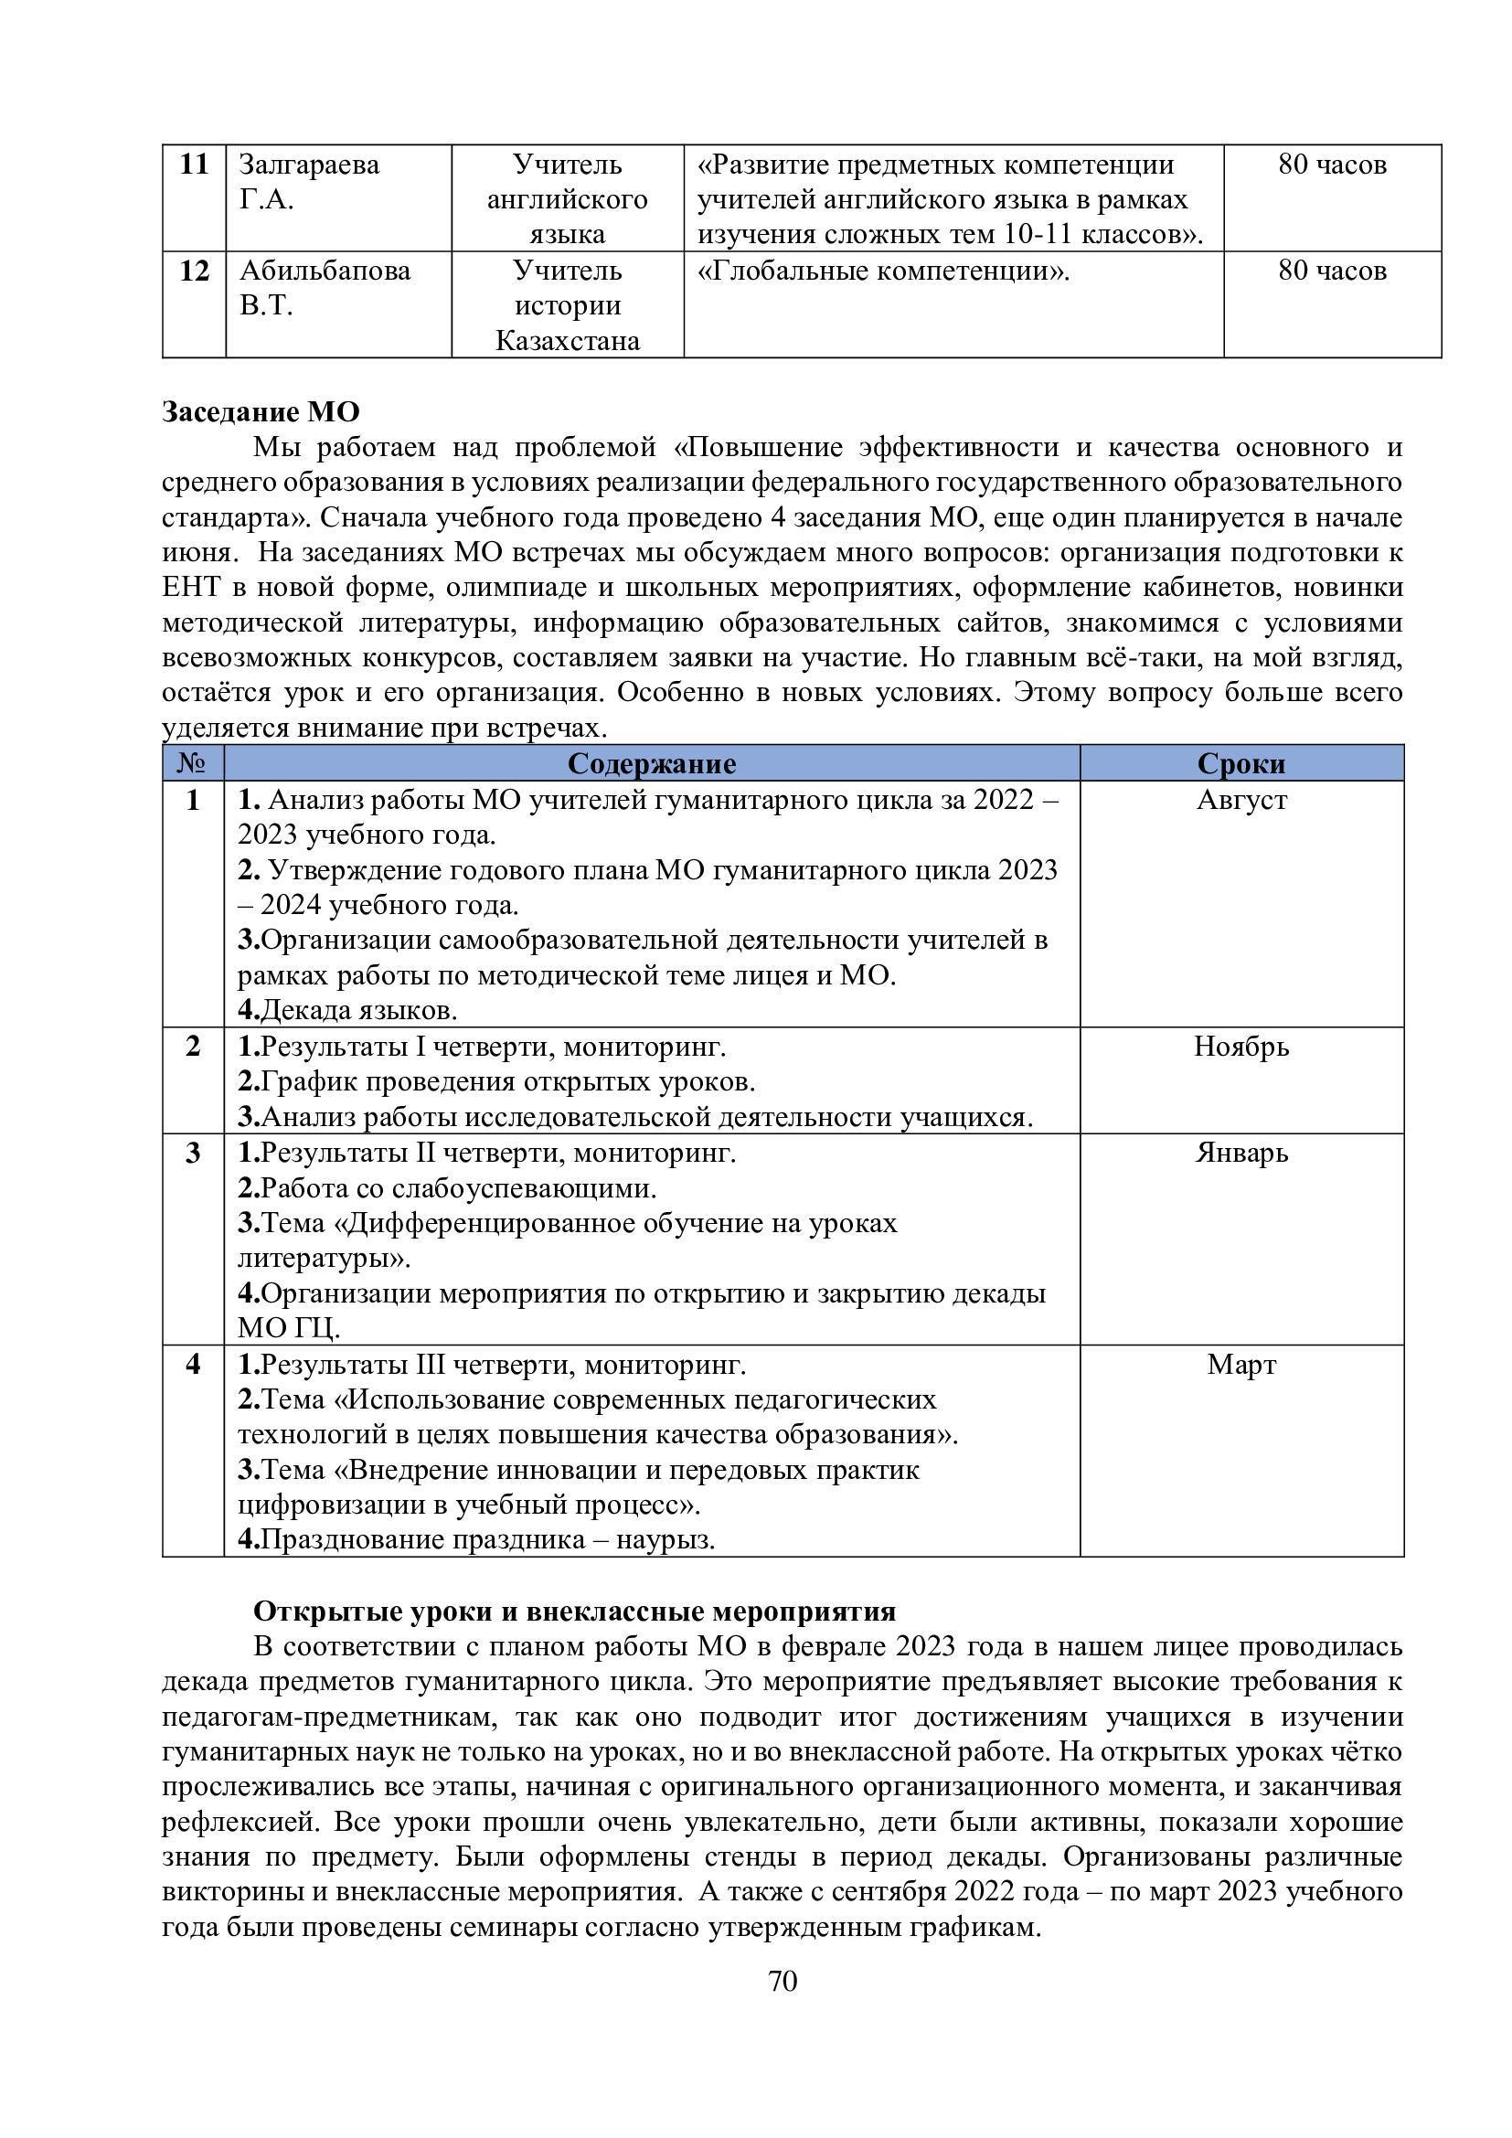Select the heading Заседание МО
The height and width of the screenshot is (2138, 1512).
(x=260, y=411)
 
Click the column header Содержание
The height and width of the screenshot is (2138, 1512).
(x=652, y=763)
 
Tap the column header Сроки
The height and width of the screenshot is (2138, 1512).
(x=1241, y=763)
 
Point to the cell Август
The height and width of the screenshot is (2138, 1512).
(x=1241, y=800)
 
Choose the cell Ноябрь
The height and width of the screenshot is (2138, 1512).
(x=1241, y=1047)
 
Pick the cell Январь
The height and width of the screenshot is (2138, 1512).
(x=1241, y=1153)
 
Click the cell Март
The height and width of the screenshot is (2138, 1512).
(x=1241, y=1364)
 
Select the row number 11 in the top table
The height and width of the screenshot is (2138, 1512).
(x=194, y=165)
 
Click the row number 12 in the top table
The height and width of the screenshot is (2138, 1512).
(x=194, y=271)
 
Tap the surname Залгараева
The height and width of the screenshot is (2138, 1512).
(x=309, y=165)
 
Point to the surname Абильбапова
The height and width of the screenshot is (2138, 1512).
(x=324, y=271)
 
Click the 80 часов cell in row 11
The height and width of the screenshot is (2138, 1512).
(x=1332, y=165)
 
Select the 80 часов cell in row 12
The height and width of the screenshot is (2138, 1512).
(x=1332, y=271)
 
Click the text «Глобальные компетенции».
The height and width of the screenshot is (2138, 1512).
(x=883, y=271)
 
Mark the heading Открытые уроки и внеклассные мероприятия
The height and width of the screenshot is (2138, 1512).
(x=574, y=1611)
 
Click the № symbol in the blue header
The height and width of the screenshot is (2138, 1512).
(x=193, y=763)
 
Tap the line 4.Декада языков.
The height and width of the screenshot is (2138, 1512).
(x=347, y=1010)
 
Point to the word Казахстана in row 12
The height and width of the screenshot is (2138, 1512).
(x=567, y=341)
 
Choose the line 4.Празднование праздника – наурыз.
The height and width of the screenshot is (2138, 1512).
(x=475, y=1539)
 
